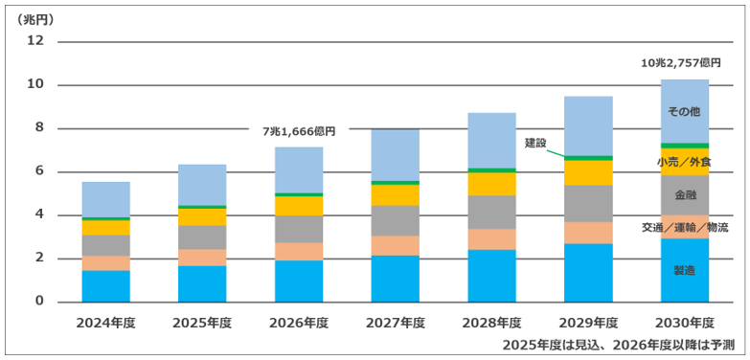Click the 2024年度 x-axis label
click(105, 323)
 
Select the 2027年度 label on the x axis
click(395, 323)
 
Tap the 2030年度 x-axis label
click(685, 323)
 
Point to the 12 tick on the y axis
click(35, 41)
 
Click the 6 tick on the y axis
click(38, 172)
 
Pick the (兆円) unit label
click(34, 20)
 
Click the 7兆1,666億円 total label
click(301, 131)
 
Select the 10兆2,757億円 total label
click(684, 62)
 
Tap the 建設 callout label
click(535, 143)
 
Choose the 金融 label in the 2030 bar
click(685, 195)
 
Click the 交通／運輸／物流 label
click(685, 228)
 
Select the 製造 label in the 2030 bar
click(685, 271)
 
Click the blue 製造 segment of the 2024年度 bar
click(105, 286)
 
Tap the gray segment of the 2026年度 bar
click(299, 229)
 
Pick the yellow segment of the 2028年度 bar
click(491, 184)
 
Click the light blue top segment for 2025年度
click(202, 185)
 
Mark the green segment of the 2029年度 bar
click(588, 158)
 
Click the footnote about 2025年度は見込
click(618, 345)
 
